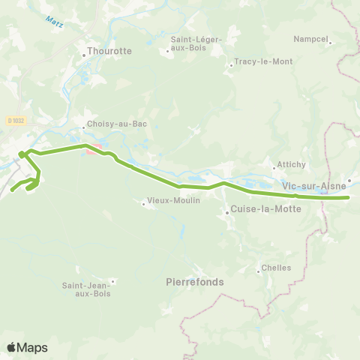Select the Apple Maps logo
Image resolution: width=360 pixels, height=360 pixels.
pyautogui.click(x=26, y=347)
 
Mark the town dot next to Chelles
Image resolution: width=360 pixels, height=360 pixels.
pyautogui.click(x=257, y=265)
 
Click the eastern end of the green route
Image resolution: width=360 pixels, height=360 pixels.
pyautogui.click(x=349, y=198)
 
